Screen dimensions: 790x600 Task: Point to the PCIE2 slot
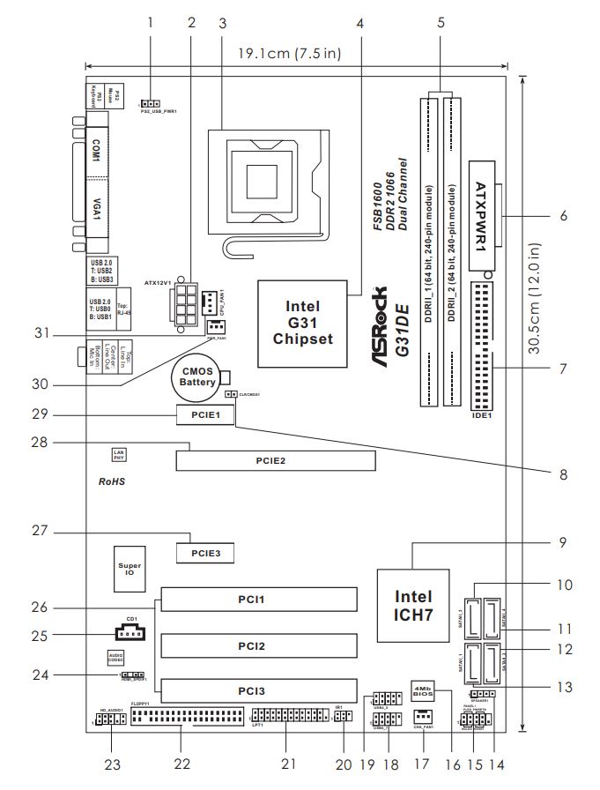coord(274,460)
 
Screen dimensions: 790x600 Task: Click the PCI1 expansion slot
coord(260,600)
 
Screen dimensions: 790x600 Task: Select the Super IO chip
coord(130,566)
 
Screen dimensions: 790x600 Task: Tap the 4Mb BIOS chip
coord(422,689)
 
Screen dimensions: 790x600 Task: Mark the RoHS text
coord(111,483)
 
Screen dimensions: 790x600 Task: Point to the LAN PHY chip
coord(118,454)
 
